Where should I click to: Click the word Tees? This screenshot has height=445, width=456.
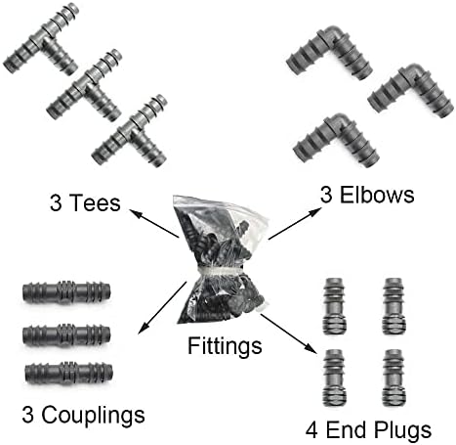pyautogui.click(x=95, y=202)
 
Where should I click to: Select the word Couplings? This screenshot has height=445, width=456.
pyautogui.click(x=93, y=416)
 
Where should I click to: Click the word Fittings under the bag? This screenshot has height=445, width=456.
pyautogui.click(x=225, y=346)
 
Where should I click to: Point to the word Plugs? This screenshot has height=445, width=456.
pyautogui.click(x=402, y=430)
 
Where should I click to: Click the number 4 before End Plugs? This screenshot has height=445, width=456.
pyautogui.click(x=311, y=429)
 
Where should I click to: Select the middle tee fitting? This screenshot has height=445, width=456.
pyautogui.click(x=84, y=85)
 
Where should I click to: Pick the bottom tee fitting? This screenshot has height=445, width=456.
pyautogui.click(x=130, y=131)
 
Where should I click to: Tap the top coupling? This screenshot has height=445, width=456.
pyautogui.click(x=66, y=291)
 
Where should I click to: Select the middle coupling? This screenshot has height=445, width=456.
pyautogui.click(x=66, y=335)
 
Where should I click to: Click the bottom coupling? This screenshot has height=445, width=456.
pyautogui.click(x=68, y=373)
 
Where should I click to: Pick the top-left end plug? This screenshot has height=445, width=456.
pyautogui.click(x=334, y=306)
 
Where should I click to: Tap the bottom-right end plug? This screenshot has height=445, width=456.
pyautogui.click(x=394, y=378)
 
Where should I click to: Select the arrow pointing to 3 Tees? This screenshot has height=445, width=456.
pyautogui.click(x=154, y=223)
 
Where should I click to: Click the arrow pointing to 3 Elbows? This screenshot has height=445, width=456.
pyautogui.click(x=294, y=224)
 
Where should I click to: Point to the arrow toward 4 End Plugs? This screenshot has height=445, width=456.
pyautogui.click(x=288, y=333)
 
